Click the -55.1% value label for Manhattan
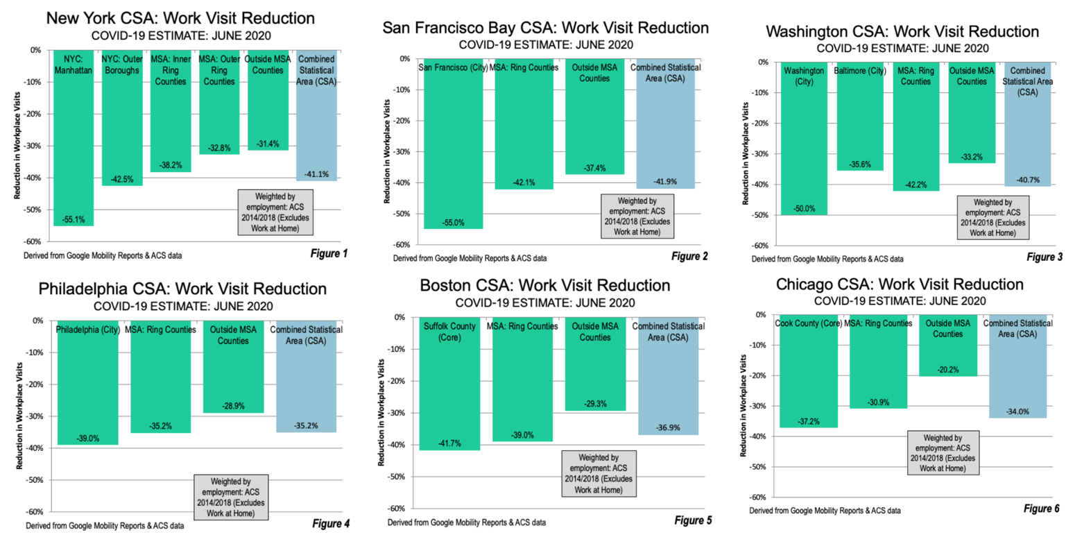point(73,218)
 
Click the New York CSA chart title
point(180,17)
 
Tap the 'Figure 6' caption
point(1041,509)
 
